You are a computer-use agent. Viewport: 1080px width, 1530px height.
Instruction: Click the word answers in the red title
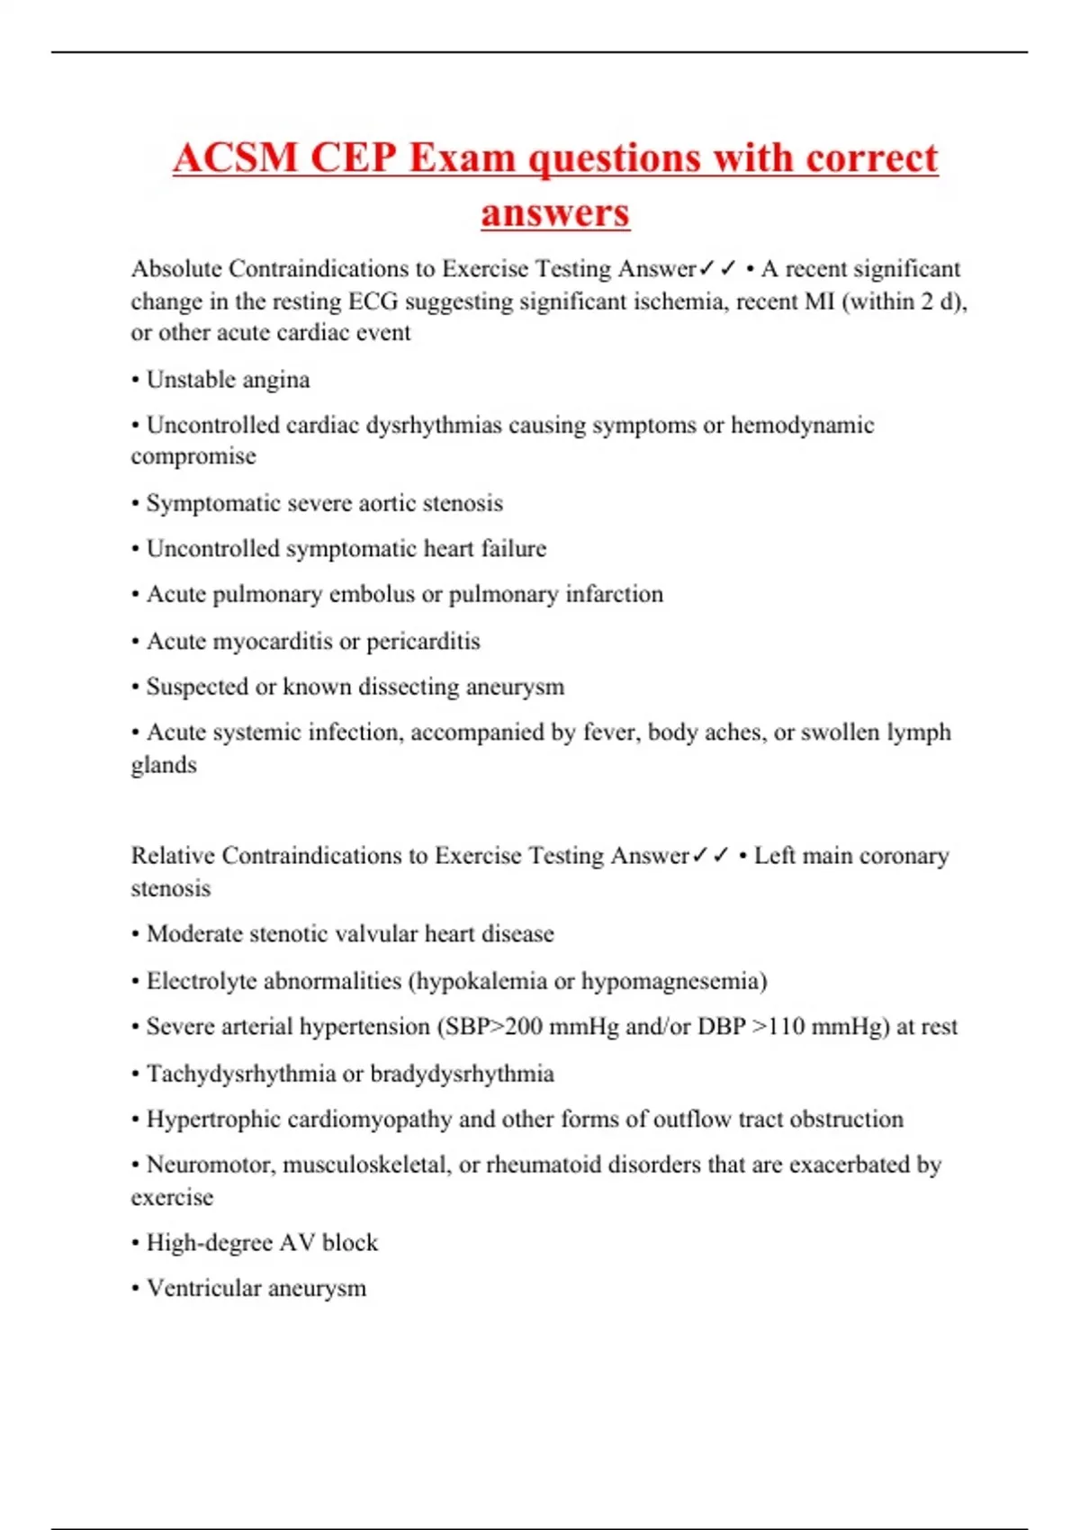click(555, 213)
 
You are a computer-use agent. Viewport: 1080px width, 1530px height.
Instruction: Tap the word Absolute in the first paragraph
click(175, 269)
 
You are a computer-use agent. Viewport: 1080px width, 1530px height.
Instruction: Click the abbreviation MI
click(819, 301)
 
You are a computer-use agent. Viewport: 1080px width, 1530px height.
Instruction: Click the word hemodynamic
click(802, 426)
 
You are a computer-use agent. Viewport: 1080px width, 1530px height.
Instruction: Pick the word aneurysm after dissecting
click(516, 688)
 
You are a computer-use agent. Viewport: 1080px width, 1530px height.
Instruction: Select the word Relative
click(173, 856)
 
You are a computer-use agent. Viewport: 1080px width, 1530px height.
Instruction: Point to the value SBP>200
click(489, 1027)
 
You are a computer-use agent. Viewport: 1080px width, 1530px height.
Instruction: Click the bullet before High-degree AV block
click(135, 1244)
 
